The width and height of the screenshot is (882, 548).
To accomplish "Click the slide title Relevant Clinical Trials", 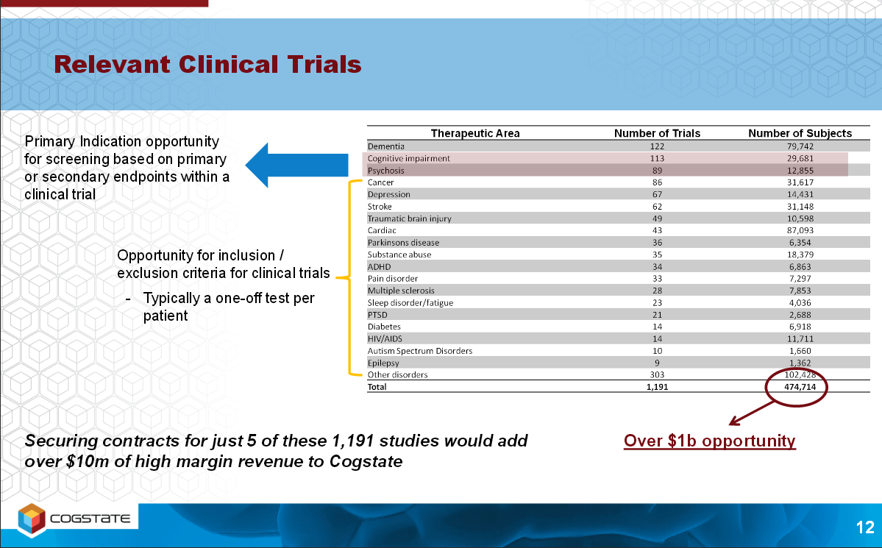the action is coord(207,64).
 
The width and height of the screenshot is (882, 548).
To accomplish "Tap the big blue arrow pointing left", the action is coord(296,165).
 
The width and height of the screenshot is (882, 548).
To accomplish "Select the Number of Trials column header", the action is coord(657,133).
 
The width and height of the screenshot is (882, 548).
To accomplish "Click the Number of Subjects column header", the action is coord(800,133).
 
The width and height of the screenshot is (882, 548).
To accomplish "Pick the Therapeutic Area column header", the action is coord(475,133).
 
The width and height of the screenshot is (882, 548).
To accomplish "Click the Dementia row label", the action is coord(386,146).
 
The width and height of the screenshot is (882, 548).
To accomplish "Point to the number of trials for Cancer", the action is coord(657,182).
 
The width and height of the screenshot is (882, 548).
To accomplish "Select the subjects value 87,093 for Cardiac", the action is coord(800,230).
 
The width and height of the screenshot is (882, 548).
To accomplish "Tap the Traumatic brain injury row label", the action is coord(410,218).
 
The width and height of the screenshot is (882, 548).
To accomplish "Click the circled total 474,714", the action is coord(800,386).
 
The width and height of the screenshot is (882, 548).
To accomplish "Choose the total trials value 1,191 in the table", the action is coord(657,386).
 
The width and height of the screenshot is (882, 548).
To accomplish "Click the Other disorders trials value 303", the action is coord(657,374).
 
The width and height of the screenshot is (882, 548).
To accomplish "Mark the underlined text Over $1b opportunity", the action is coord(710,441).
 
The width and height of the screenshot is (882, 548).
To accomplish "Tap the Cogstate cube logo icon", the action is coord(32,518).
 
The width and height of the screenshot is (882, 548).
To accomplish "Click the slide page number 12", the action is coord(865,527).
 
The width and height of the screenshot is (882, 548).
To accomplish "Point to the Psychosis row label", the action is coord(386,171).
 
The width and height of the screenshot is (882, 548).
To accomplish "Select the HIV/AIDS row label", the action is coord(385,338).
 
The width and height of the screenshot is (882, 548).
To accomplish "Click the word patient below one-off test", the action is coord(166,316).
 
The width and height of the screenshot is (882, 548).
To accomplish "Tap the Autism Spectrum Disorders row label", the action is coord(419,351).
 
